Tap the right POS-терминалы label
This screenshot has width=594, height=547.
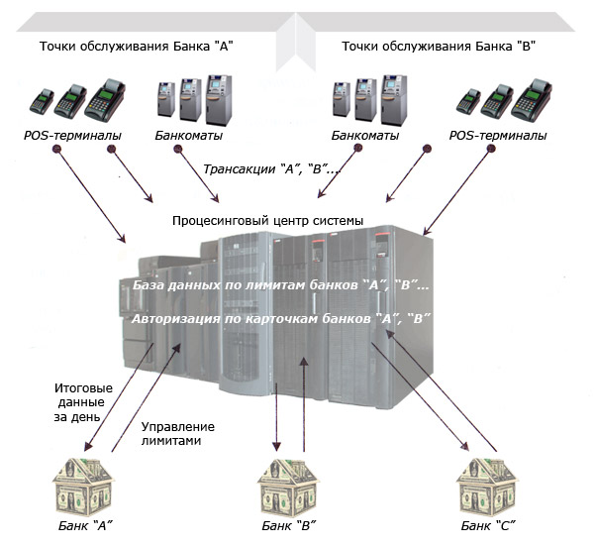click(x=497, y=135)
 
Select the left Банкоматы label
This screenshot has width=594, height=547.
click(x=189, y=135)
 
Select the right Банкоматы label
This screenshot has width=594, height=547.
click(x=365, y=135)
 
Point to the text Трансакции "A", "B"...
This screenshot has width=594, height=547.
click(x=272, y=169)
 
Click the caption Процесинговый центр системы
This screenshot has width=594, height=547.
click(x=267, y=220)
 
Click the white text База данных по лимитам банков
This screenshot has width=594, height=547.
click(x=280, y=285)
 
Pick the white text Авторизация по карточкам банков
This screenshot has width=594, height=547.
click(x=280, y=319)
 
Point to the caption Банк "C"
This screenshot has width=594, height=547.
click(x=490, y=525)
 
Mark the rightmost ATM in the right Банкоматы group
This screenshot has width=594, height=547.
click(x=393, y=99)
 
